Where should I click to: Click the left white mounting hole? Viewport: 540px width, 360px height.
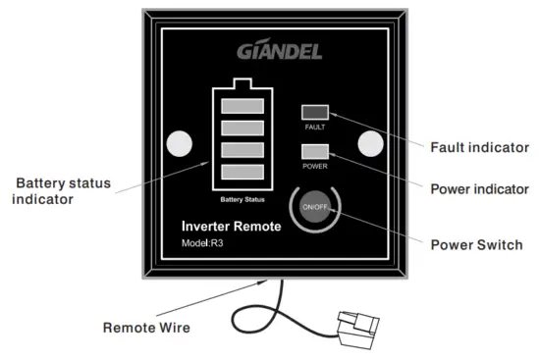click(179, 144)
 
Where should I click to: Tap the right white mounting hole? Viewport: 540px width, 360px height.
click(368, 143)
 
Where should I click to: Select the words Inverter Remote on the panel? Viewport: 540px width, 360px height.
click(231, 227)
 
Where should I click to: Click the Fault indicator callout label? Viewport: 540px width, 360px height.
click(480, 147)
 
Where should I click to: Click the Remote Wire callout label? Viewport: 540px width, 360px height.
click(147, 327)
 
